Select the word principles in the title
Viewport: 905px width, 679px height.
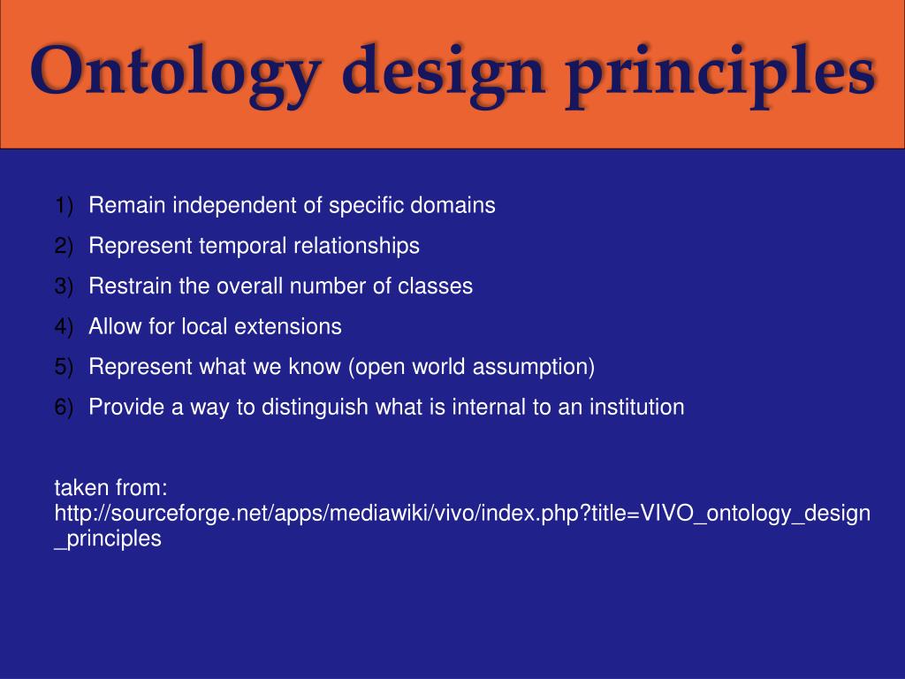click(720, 72)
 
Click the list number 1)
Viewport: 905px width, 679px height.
click(64, 206)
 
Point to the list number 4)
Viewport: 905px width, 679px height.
click(64, 326)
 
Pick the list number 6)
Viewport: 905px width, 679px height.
click(64, 407)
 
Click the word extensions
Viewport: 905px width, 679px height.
click(287, 326)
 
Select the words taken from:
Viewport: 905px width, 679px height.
click(111, 488)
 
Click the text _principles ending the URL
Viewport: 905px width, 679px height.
click(108, 538)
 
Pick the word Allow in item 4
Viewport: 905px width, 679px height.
click(112, 326)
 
